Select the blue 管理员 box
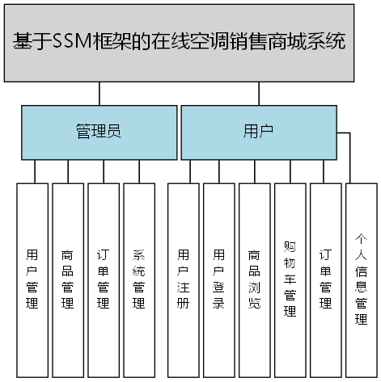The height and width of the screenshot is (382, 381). pyautogui.click(x=99, y=132)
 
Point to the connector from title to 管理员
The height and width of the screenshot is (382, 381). pyautogui.click(x=99, y=94)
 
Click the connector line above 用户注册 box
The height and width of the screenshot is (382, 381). pyautogui.click(x=191, y=171)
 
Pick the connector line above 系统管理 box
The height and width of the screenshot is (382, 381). pyautogui.click(x=139, y=171)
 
